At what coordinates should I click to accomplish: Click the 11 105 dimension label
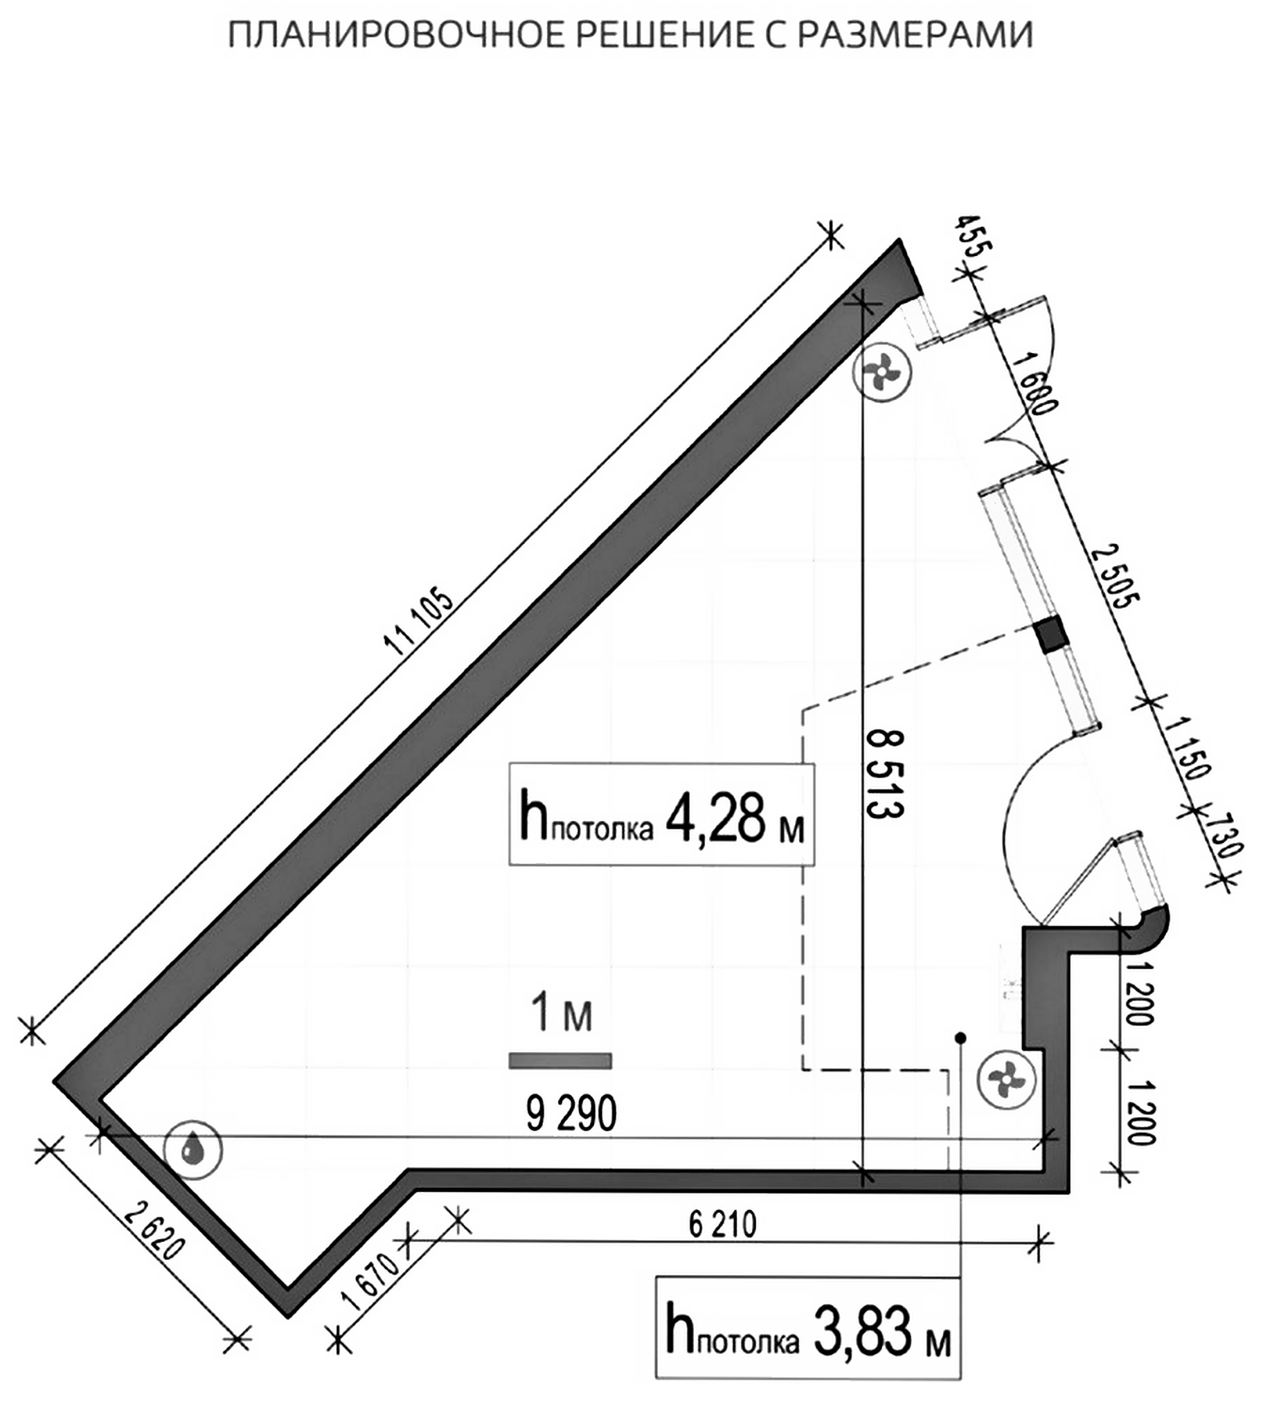[x=418, y=623]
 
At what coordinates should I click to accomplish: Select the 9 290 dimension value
[x=571, y=1114]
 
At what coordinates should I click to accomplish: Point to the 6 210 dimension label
[x=722, y=1224]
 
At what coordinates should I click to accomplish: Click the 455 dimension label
[x=975, y=236]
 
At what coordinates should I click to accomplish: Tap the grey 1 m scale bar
[x=561, y=1061]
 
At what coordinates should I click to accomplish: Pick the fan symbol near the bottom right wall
[x=1005, y=1080]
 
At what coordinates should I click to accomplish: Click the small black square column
[x=1048, y=635]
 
